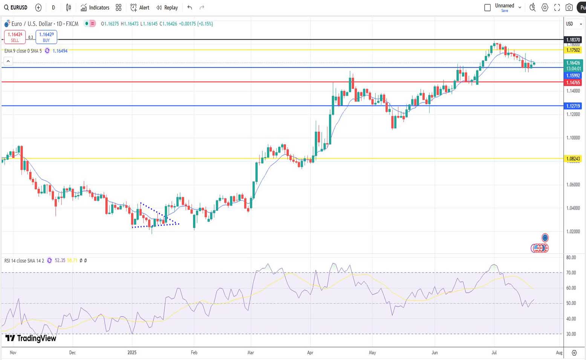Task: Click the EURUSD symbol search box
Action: click(16, 8)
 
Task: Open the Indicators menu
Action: click(95, 8)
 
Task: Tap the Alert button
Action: click(140, 8)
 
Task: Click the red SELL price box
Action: click(15, 37)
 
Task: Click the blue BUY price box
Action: click(46, 37)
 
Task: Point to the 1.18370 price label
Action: click(573, 40)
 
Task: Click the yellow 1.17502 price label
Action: click(573, 50)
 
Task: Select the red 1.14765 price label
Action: click(573, 83)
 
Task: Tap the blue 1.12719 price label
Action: click(573, 106)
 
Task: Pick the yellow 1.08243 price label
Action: click(573, 159)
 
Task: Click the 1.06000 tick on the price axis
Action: click(573, 185)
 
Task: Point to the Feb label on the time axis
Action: click(194, 353)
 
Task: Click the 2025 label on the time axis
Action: click(132, 353)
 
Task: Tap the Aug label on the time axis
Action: click(559, 353)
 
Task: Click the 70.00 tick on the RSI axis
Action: click(571, 273)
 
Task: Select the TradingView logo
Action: click(31, 338)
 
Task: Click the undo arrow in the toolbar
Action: click(190, 8)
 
